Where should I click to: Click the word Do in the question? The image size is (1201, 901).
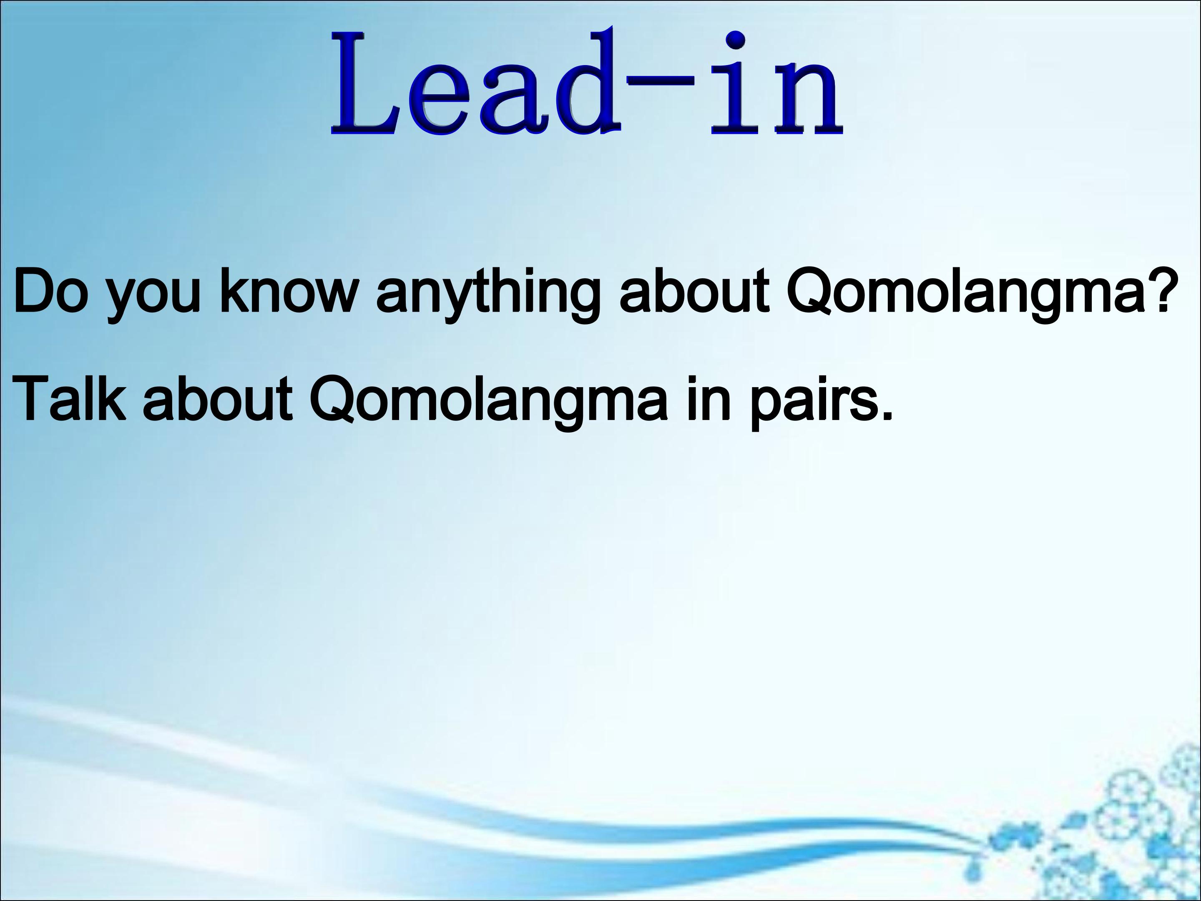[50, 291]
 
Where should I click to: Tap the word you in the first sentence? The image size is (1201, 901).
[153, 297]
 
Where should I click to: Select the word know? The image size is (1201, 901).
[288, 291]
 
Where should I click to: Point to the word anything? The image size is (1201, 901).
[488, 296]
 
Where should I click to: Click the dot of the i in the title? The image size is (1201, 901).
[735, 41]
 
